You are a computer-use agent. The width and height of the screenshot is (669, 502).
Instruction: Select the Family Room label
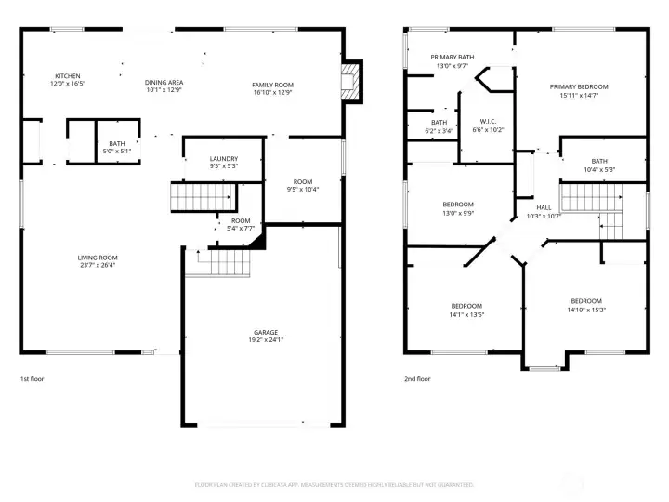(x=272, y=88)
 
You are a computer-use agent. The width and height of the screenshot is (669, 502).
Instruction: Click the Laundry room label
(x=223, y=163)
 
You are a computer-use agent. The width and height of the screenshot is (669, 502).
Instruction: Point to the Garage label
(x=266, y=337)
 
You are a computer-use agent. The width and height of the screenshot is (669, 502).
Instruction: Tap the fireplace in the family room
(x=349, y=82)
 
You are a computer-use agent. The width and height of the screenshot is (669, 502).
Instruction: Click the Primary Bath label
(x=453, y=61)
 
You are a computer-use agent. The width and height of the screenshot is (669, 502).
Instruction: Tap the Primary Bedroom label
(x=584, y=91)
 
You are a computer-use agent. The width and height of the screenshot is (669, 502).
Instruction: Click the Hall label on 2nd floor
(x=544, y=212)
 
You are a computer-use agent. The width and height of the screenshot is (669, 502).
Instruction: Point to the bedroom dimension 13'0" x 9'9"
(x=457, y=213)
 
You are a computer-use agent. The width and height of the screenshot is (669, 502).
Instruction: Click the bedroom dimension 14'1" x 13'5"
(x=466, y=314)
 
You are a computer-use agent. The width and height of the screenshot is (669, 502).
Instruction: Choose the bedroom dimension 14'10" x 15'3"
(x=586, y=310)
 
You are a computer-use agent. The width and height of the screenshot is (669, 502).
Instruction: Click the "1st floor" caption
(x=32, y=379)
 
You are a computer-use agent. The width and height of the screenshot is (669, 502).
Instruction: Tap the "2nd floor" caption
(x=417, y=379)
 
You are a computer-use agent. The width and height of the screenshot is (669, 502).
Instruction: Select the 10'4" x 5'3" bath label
(x=599, y=169)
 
